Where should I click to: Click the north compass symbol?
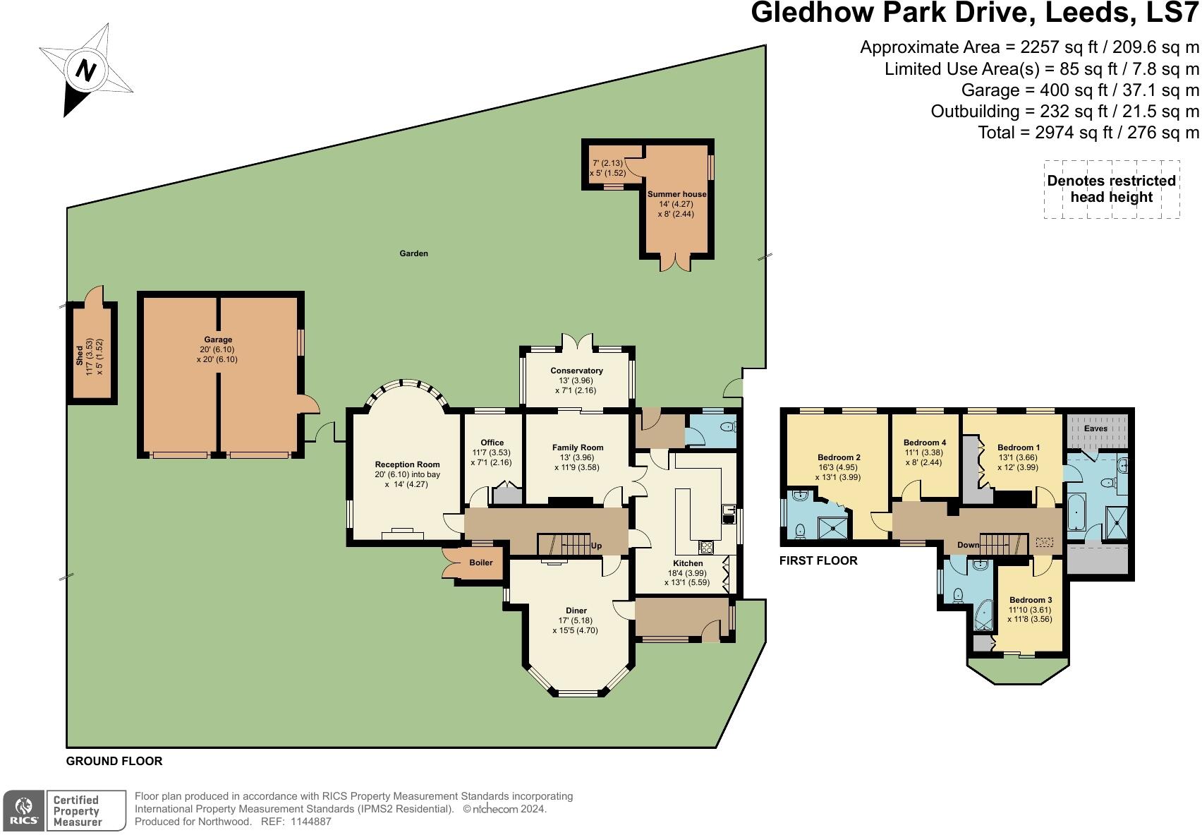pyautogui.click(x=85, y=70)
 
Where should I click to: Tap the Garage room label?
pyautogui.click(x=218, y=340)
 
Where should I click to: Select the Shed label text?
pyautogui.click(x=79, y=356)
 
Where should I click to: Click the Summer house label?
pyautogui.click(x=676, y=194)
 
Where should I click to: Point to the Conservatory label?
pyautogui.click(x=576, y=371)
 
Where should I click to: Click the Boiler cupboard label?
pyautogui.click(x=481, y=563)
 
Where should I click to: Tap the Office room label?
pyautogui.click(x=492, y=443)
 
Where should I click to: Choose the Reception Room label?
pyautogui.click(x=407, y=464)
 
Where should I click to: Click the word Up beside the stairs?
pyautogui.click(x=596, y=546)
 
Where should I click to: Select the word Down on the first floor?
pyautogui.click(x=968, y=545)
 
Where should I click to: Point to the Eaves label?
pyautogui.click(x=1095, y=428)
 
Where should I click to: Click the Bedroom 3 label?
pyautogui.click(x=1030, y=600)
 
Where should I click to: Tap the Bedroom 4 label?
pyautogui.click(x=925, y=443)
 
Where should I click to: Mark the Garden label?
pyautogui.click(x=413, y=253)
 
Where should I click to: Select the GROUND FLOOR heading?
pyautogui.click(x=114, y=761)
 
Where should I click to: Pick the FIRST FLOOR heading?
pyautogui.click(x=818, y=560)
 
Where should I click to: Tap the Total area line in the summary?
pyautogui.click(x=1088, y=132)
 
